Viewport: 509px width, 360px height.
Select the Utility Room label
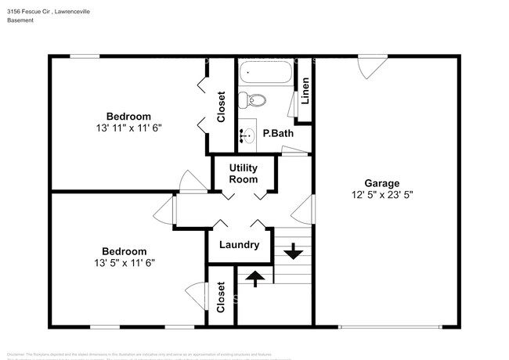click(243, 173)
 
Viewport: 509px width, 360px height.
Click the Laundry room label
click(239, 245)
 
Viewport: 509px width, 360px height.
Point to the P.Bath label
click(277, 134)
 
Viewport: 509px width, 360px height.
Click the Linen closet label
click(305, 93)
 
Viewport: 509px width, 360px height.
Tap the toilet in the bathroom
click(254, 100)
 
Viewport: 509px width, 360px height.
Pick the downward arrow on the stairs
click(294, 251)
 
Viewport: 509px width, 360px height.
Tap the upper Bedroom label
click(128, 116)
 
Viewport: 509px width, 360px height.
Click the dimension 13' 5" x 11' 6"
click(119, 263)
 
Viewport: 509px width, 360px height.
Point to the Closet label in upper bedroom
click(222, 108)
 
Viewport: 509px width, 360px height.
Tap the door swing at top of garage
click(365, 69)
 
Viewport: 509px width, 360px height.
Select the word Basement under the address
click(21, 20)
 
